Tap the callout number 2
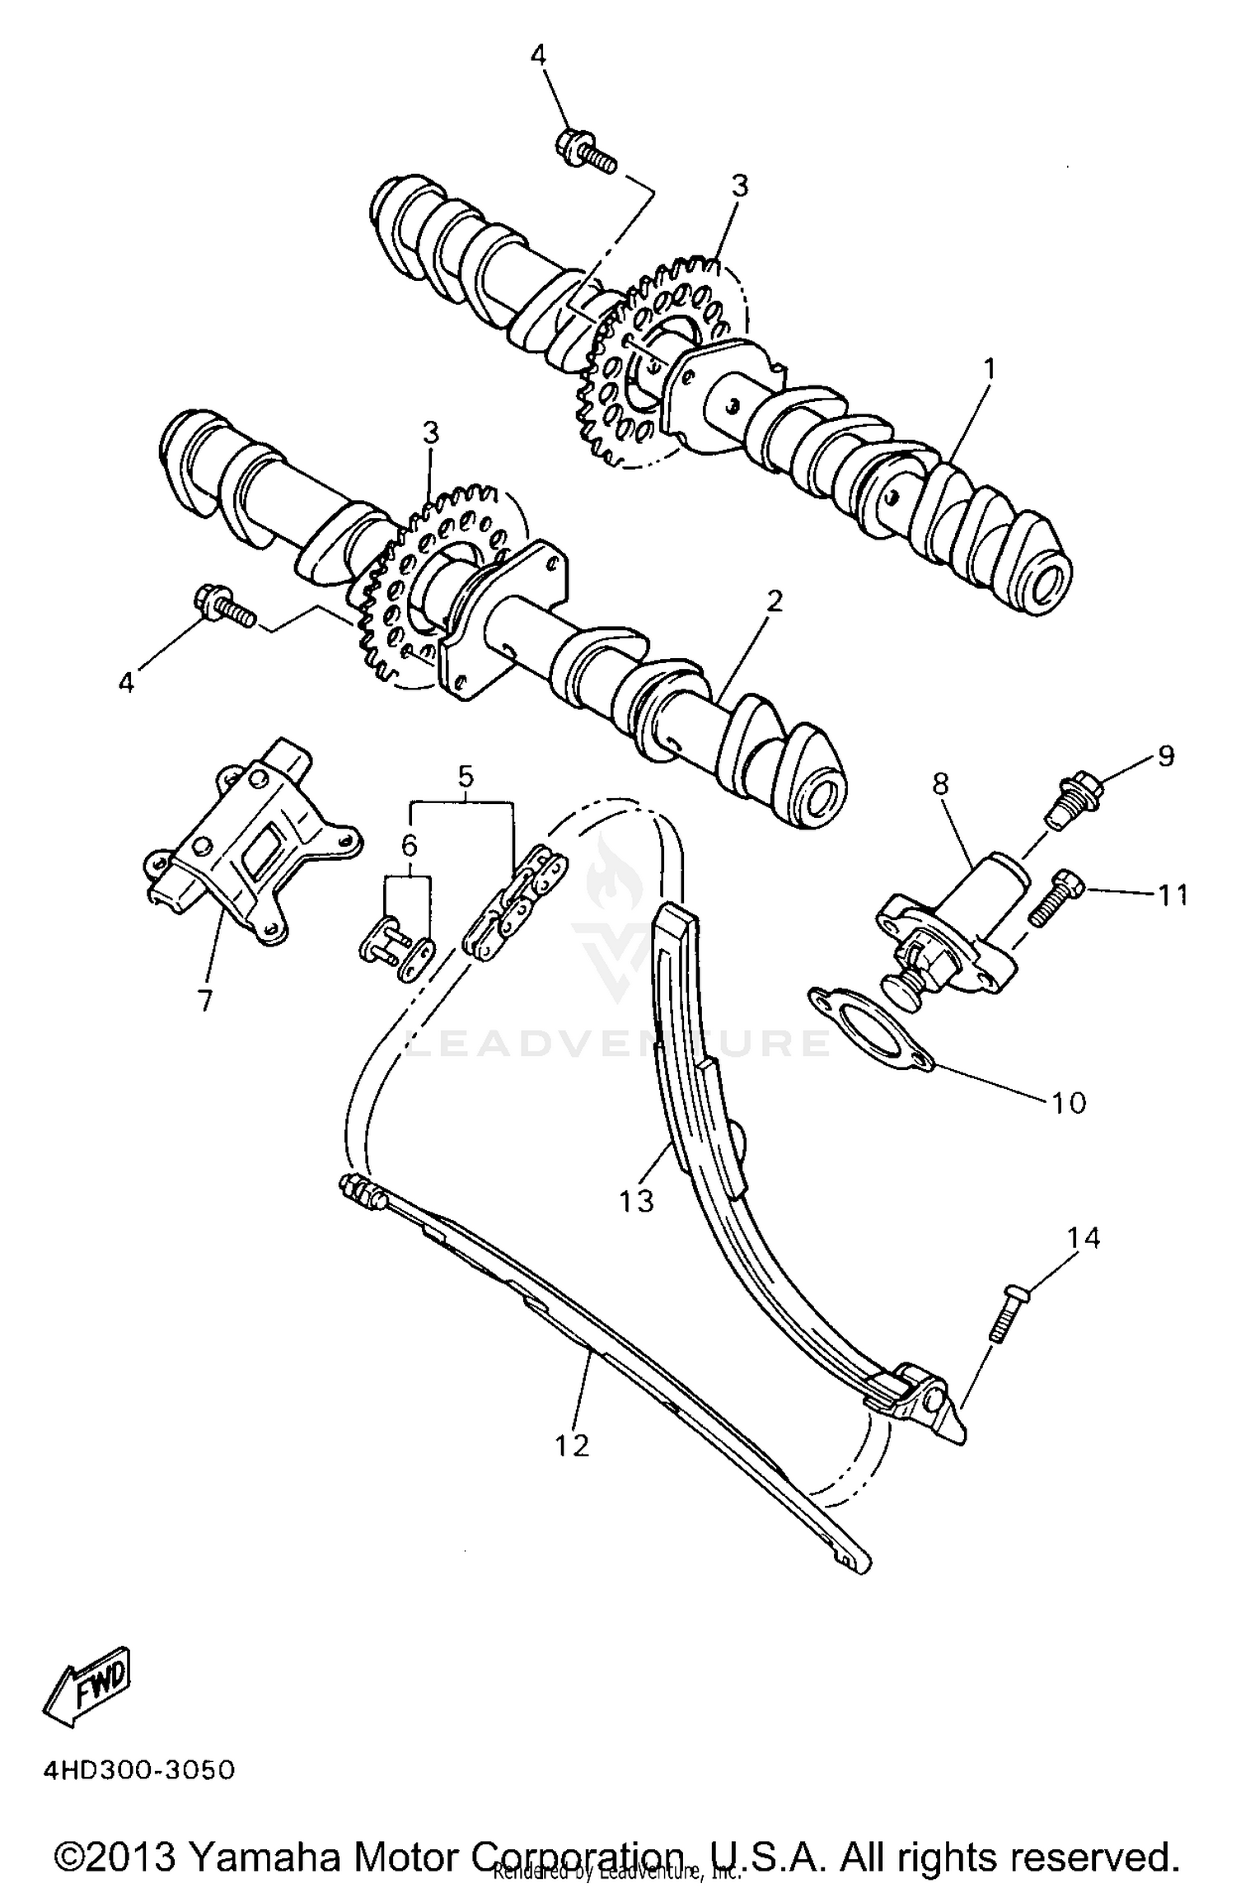pos(772,602)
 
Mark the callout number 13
pos(637,1200)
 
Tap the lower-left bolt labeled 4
pos(222,608)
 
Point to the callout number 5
pos(466,775)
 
